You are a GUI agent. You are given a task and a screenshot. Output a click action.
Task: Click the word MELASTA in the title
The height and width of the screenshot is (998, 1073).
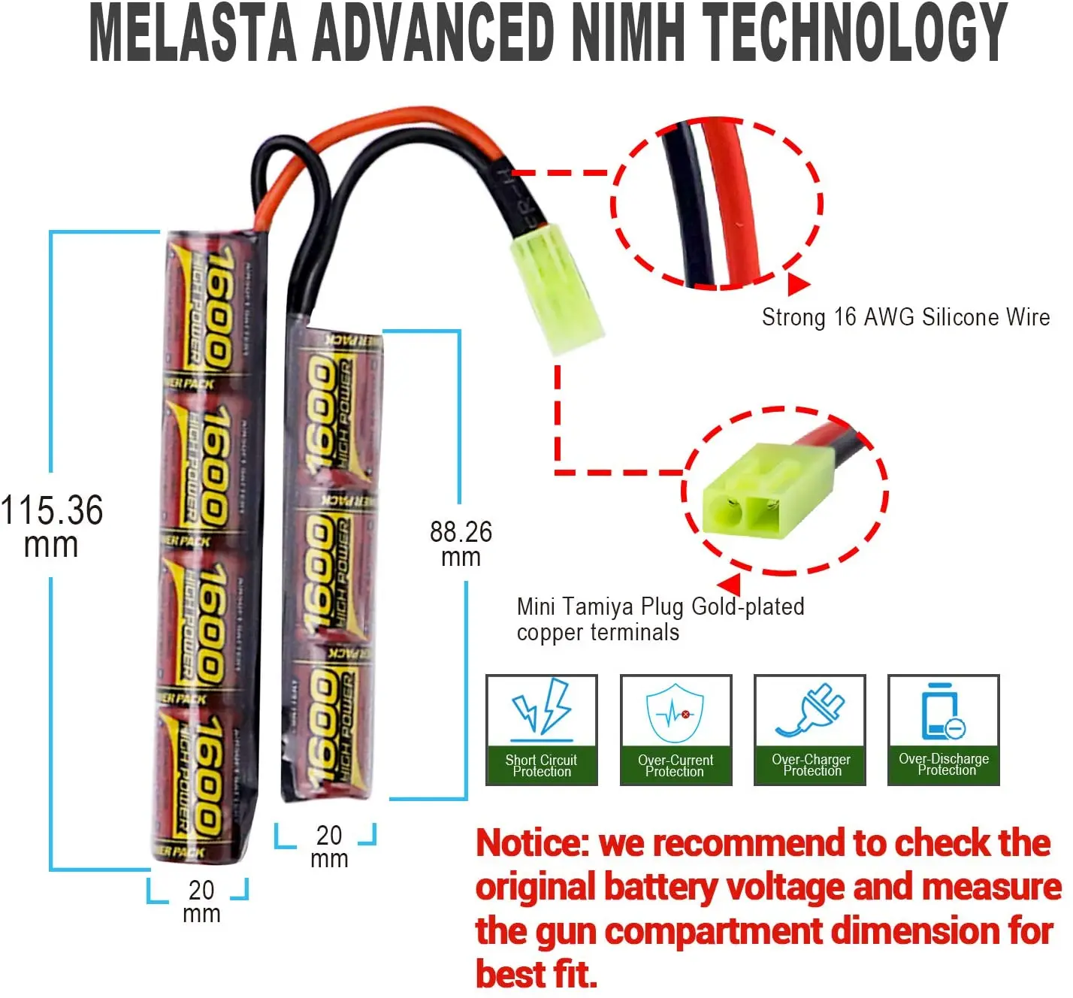click(x=193, y=34)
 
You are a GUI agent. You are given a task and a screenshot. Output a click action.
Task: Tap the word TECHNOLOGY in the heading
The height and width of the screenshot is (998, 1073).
click(x=854, y=34)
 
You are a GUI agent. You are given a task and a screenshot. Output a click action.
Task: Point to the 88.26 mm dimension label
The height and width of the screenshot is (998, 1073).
click(x=461, y=543)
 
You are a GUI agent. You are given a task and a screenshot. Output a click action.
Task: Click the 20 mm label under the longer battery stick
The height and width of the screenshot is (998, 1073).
click(x=201, y=901)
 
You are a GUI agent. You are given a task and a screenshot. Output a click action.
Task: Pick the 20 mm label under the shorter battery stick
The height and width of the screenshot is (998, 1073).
click(x=329, y=846)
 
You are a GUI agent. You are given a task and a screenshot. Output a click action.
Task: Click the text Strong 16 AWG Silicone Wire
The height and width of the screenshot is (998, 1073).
click(x=905, y=317)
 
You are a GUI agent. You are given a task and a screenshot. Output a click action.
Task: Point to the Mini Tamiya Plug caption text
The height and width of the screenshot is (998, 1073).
click(x=660, y=618)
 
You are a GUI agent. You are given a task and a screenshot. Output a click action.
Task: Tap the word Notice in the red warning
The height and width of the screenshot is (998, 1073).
click(x=533, y=843)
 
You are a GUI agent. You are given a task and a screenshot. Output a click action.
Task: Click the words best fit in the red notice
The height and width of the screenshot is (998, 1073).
click(x=536, y=975)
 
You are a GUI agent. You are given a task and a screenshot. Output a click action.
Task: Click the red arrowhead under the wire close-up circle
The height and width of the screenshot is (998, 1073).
click(x=797, y=284)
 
